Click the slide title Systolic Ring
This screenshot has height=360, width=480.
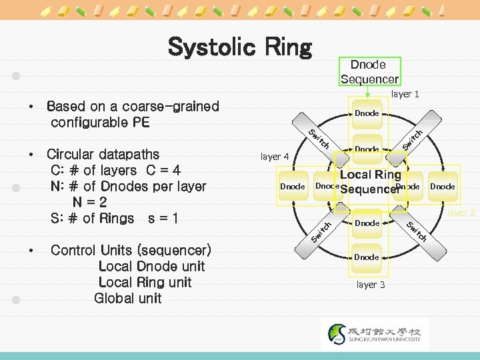240,47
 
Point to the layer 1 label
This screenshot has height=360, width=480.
405,95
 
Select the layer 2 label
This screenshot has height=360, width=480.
461,213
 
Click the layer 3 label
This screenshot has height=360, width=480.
371,285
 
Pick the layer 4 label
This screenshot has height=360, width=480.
275,157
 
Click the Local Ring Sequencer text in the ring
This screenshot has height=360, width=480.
370,182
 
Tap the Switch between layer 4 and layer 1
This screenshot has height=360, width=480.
319,138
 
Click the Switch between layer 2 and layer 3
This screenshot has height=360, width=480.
416,230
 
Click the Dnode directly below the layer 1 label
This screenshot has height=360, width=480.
367,114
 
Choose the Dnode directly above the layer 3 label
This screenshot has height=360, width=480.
367,257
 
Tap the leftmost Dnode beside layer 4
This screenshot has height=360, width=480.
293,187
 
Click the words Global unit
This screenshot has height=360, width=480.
128,299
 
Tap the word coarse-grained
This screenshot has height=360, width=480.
170,107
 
